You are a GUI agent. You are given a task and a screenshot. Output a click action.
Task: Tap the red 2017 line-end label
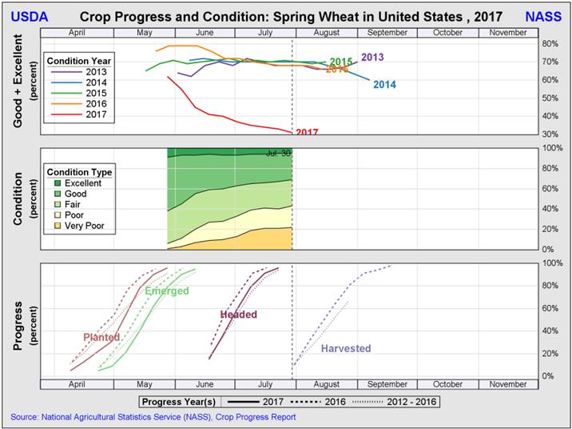pyautogui.click(x=308, y=132)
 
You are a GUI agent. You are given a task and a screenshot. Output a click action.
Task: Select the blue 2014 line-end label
pyautogui.click(x=384, y=85)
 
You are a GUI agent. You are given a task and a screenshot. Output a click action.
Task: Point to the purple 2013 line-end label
pyautogui.click(x=372, y=57)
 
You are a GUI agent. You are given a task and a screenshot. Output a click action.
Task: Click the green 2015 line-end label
pyautogui.click(x=341, y=62)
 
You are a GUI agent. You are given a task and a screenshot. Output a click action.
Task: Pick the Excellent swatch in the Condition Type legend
pyautogui.click(x=58, y=183)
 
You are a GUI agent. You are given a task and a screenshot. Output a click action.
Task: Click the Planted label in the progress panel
pyautogui.click(x=101, y=337)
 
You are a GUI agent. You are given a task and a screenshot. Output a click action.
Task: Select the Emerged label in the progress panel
pyautogui.click(x=166, y=291)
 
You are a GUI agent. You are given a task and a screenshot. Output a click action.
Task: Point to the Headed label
pyautogui.click(x=238, y=315)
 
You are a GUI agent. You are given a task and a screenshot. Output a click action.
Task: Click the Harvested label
pyautogui.click(x=346, y=348)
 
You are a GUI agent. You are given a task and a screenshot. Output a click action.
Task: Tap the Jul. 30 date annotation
pyautogui.click(x=277, y=152)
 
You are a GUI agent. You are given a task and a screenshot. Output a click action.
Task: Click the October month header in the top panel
pyautogui.click(x=447, y=32)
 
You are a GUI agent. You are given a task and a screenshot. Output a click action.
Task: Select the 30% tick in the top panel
pyautogui.click(x=549, y=135)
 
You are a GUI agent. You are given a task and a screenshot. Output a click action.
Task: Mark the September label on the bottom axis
pyautogui.click(x=387, y=384)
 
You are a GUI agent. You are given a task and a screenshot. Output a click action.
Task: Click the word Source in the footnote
pyautogui.click(x=24, y=417)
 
